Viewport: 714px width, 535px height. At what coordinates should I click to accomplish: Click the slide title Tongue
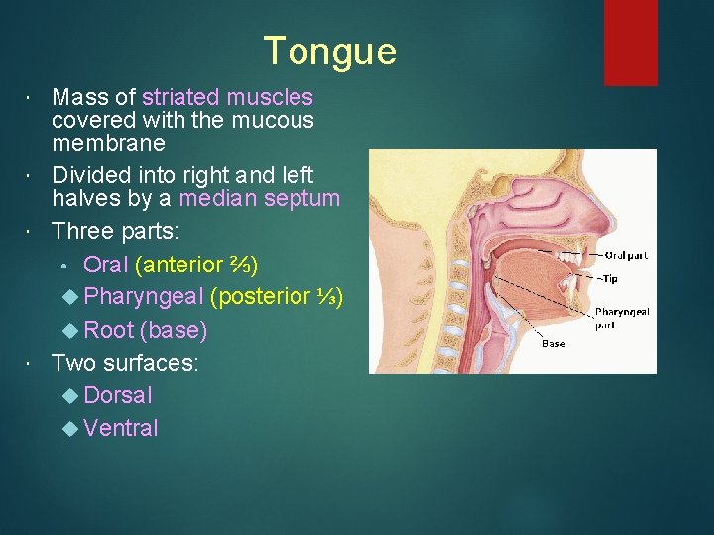[329, 52]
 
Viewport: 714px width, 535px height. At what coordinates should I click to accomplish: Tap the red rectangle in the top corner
[631, 42]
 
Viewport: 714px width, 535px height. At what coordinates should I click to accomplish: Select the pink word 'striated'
[181, 97]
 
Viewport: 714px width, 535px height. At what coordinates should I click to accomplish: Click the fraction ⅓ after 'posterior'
[328, 296]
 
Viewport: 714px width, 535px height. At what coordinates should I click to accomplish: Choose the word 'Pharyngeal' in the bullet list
[144, 296]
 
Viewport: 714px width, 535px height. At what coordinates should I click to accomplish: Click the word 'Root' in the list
[109, 329]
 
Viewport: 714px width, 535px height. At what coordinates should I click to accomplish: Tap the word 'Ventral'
[121, 428]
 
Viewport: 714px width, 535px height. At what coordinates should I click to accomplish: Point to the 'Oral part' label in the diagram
[627, 254]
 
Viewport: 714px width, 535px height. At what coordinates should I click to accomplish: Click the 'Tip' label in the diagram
[606, 279]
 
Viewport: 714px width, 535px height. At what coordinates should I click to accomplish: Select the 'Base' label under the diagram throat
[554, 344]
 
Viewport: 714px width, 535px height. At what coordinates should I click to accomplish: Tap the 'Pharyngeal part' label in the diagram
[621, 317]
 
